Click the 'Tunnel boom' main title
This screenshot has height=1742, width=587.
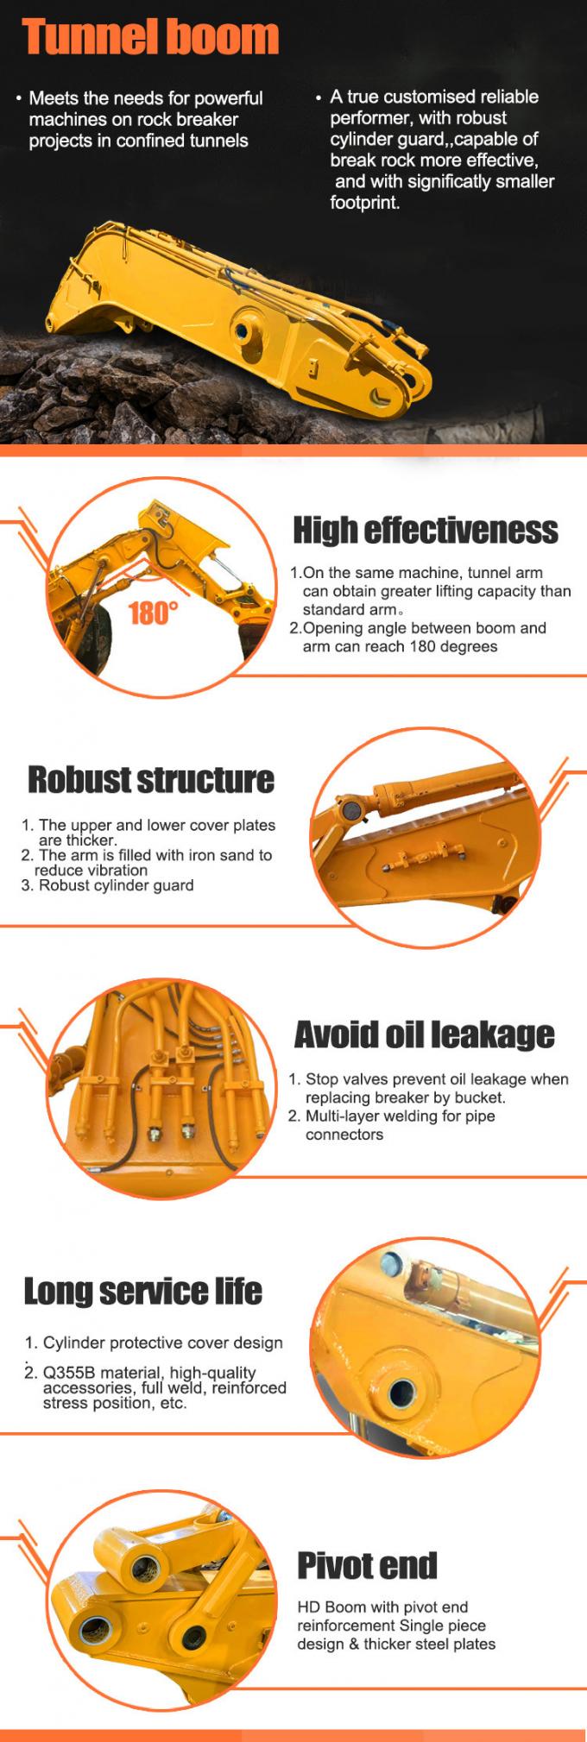click(x=150, y=37)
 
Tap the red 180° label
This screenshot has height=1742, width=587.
click(x=154, y=613)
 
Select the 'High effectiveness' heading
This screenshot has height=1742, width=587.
click(x=426, y=530)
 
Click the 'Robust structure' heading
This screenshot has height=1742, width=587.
click(x=151, y=779)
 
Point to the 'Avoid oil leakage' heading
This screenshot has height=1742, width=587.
click(x=424, y=1034)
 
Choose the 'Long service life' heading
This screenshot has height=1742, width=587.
click(x=142, y=1291)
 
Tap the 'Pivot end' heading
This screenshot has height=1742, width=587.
click(x=367, y=1565)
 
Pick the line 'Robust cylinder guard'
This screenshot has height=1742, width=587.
click(x=116, y=885)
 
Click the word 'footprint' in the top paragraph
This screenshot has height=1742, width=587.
click(x=363, y=203)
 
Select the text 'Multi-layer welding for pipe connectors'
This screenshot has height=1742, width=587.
click(x=401, y=1125)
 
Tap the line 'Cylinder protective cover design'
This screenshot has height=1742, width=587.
click(x=162, y=1343)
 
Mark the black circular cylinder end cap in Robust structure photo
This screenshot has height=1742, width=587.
click(x=350, y=812)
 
